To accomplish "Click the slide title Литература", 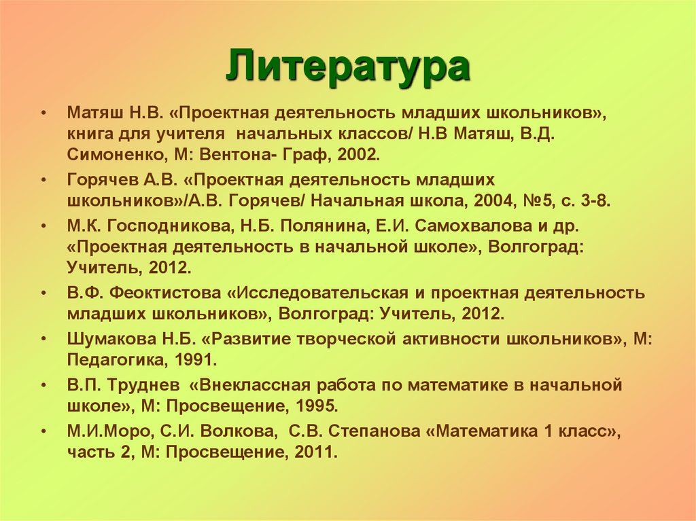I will pos(347,67).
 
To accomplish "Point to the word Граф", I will pos(300,155).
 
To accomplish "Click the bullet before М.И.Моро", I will pos(44,432).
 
